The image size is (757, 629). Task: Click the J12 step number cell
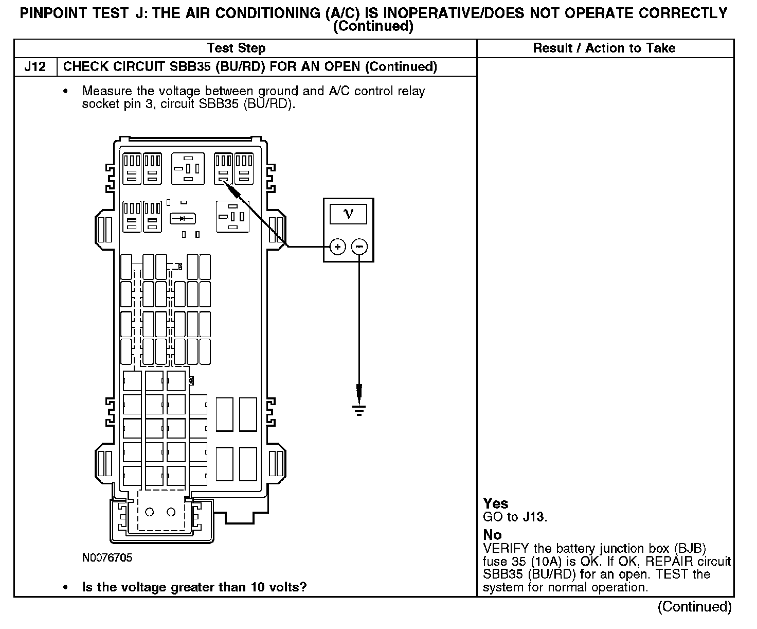click(x=35, y=67)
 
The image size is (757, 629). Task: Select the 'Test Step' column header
click(x=236, y=48)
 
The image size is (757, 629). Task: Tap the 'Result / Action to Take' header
click(x=604, y=48)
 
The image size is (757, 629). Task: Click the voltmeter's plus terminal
click(x=337, y=247)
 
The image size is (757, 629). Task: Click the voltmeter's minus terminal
click(x=359, y=247)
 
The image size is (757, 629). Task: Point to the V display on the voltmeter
click(x=349, y=213)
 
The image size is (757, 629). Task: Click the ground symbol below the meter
click(x=359, y=410)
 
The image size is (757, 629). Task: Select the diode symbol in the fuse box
click(x=183, y=219)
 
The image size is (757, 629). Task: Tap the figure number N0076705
click(x=107, y=558)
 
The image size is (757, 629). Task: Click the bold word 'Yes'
click(x=496, y=503)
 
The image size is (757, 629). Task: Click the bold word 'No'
click(x=492, y=535)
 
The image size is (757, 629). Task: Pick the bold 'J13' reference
click(x=533, y=517)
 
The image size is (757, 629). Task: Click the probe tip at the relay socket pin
click(x=226, y=184)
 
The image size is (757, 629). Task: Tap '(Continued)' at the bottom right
click(x=694, y=607)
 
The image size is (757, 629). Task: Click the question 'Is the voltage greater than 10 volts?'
click(x=194, y=587)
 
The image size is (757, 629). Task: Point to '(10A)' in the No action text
click(x=541, y=562)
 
